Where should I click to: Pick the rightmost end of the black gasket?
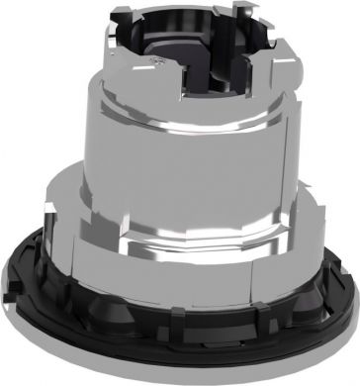351,297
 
